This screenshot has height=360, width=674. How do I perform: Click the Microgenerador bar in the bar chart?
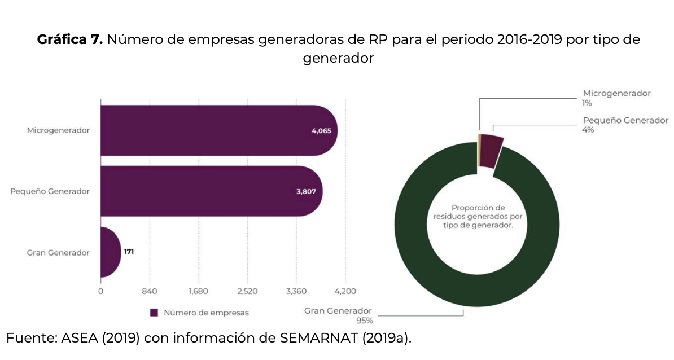click(x=215, y=130)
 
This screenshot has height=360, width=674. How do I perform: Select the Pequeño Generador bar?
click(x=209, y=191)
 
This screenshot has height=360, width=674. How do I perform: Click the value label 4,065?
click(x=321, y=131)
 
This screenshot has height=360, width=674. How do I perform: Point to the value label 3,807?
click(x=306, y=192)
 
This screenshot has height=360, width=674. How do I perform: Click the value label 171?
click(x=129, y=252)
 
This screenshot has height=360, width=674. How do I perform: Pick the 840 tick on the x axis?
click(x=150, y=291)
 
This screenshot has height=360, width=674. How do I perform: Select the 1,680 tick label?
click(x=199, y=291)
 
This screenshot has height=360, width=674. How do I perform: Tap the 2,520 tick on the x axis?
click(x=247, y=291)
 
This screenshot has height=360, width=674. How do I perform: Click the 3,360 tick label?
click(x=296, y=291)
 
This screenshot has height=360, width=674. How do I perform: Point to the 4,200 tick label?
click(x=345, y=291)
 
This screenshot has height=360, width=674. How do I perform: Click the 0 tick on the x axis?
click(x=100, y=291)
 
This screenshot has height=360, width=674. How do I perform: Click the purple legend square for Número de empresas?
click(x=154, y=313)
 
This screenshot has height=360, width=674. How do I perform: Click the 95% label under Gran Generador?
click(x=364, y=321)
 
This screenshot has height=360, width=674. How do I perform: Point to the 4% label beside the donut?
click(x=588, y=130)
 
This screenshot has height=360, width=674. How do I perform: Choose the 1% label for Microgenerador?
click(x=588, y=103)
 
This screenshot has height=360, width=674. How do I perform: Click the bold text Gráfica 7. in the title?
click(x=70, y=40)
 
